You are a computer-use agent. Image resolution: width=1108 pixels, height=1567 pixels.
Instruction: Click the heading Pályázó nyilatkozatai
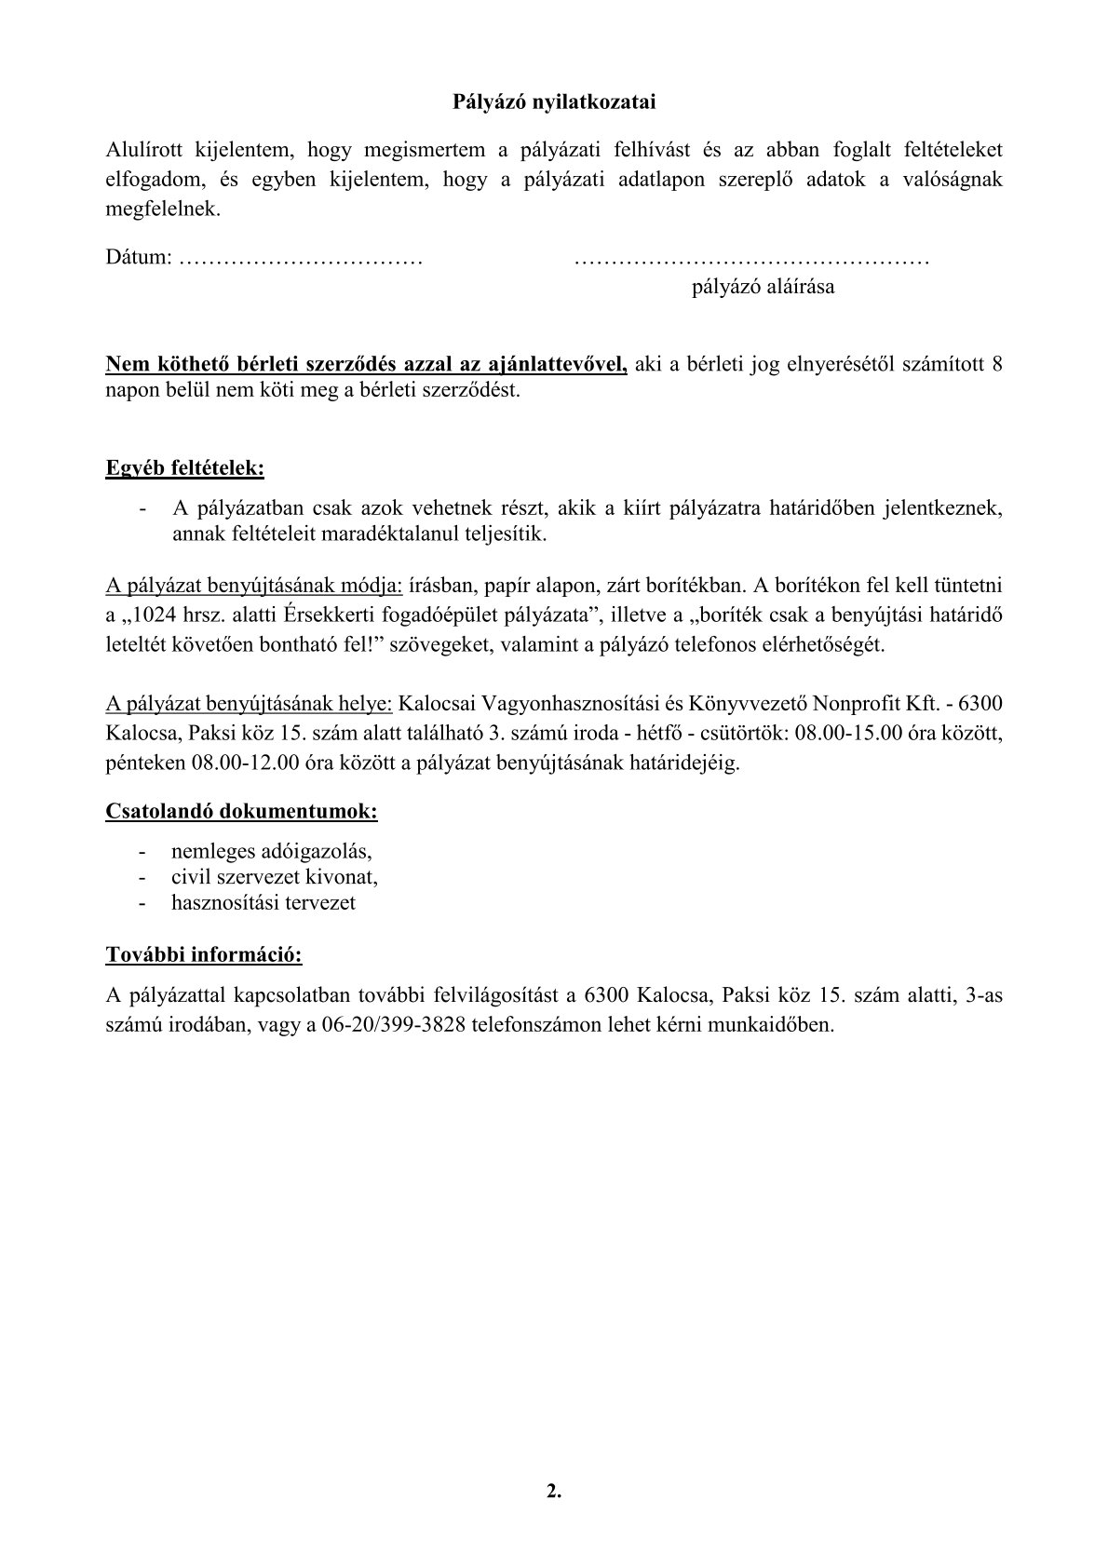pos(554,102)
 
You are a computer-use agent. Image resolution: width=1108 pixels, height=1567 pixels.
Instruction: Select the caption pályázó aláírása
pos(763,287)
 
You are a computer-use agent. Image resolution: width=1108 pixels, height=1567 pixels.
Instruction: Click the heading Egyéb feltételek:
pos(184,468)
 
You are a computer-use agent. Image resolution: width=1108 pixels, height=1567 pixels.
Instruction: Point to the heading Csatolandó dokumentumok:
pos(241,811)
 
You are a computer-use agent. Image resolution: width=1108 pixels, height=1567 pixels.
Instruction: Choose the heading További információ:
pos(204,955)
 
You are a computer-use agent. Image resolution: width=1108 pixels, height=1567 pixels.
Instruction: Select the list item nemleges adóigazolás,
pos(272,852)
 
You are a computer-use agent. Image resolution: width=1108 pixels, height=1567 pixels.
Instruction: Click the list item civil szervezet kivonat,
pos(275,877)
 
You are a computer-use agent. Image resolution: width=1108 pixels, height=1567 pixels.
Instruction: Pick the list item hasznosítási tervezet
pos(263,903)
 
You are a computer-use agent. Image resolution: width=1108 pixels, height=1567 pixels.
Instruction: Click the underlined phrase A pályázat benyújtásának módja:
pos(254,587)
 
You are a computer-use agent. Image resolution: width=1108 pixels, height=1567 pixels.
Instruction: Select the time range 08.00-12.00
pos(245,764)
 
